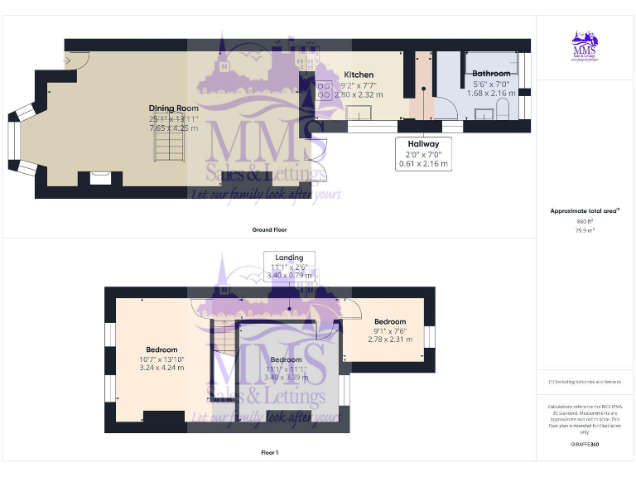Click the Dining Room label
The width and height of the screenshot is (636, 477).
(x=174, y=108)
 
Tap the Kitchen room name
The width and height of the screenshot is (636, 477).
(x=359, y=75)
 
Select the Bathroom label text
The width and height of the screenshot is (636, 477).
(x=491, y=74)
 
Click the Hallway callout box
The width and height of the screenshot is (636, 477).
(x=423, y=153)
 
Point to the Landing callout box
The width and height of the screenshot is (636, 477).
(x=290, y=267)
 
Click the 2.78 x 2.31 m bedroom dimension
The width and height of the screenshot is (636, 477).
(x=389, y=339)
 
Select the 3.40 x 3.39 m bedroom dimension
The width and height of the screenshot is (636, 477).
(x=286, y=378)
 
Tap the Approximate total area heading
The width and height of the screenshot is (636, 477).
(x=584, y=211)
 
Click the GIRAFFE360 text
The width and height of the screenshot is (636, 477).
(x=584, y=445)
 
